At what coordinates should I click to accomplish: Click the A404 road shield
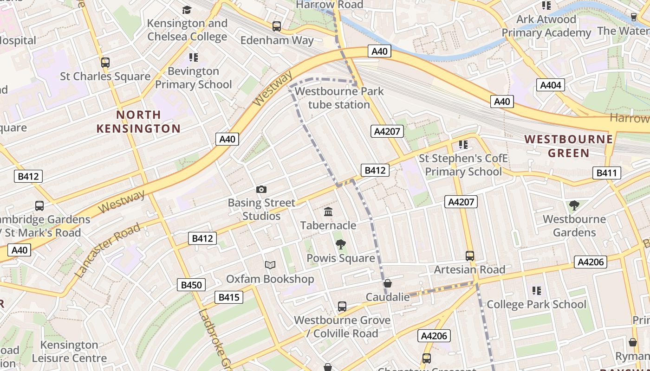click(x=551, y=85)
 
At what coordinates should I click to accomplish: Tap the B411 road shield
click(x=606, y=173)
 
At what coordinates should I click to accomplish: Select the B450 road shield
click(x=191, y=285)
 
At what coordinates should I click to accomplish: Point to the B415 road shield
click(x=229, y=297)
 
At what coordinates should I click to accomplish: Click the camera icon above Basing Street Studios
click(x=261, y=189)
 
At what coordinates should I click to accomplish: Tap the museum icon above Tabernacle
click(x=328, y=212)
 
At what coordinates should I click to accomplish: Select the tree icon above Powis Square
click(x=340, y=244)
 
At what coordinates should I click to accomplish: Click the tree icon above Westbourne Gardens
click(x=574, y=205)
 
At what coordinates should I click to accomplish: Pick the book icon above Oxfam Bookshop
click(x=270, y=265)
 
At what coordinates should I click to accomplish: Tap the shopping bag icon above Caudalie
click(x=387, y=283)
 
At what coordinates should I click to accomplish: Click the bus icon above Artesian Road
click(x=469, y=256)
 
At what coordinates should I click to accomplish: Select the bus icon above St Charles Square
click(x=105, y=62)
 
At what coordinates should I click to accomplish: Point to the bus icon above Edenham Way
click(x=277, y=26)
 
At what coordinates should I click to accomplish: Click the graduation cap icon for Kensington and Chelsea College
click(x=187, y=10)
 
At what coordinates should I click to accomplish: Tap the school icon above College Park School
click(x=537, y=291)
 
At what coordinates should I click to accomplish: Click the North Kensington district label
click(x=138, y=122)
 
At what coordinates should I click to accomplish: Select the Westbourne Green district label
click(x=569, y=146)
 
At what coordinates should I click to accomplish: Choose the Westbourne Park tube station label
click(x=339, y=98)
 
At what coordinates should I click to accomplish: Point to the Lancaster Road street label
click(x=107, y=250)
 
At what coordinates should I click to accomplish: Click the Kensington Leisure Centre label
click(x=69, y=352)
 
